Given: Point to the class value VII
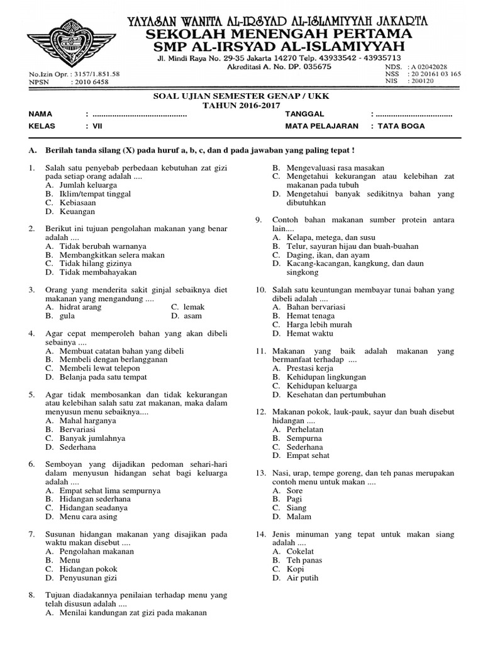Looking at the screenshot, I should click(x=97, y=125).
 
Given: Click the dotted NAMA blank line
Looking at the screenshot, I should click(x=140, y=114).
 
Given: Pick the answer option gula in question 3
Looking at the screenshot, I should click(x=67, y=316).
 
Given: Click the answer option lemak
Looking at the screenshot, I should click(x=194, y=307).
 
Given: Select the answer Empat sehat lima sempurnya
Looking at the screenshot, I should click(x=109, y=490).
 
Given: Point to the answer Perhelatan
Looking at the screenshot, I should click(x=305, y=429).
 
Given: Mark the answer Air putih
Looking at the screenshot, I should click(x=303, y=578).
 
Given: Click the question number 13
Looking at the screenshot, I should click(x=260, y=472).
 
